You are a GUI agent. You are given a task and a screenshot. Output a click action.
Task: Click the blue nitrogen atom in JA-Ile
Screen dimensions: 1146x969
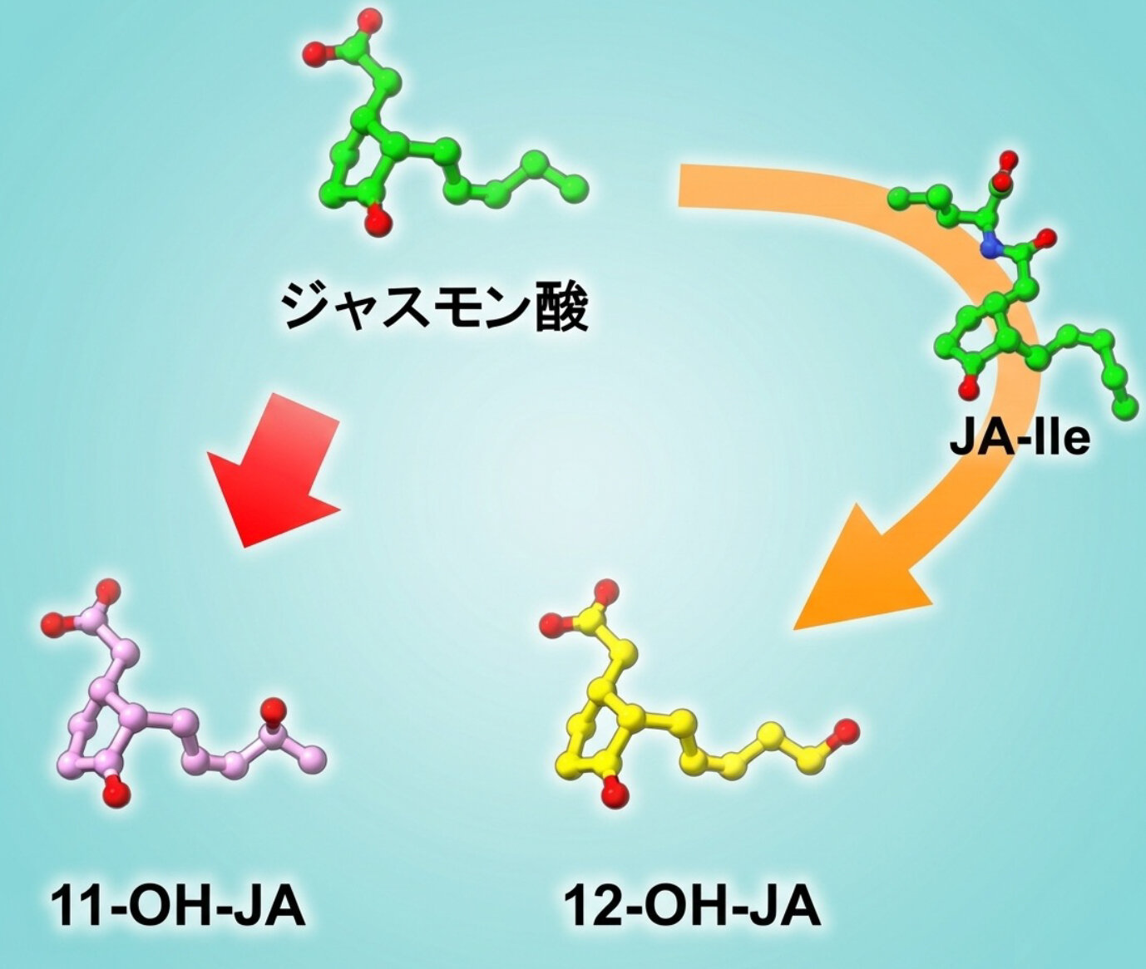[990, 247]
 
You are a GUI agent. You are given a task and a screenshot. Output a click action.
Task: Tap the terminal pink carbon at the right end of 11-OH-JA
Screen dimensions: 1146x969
[313, 760]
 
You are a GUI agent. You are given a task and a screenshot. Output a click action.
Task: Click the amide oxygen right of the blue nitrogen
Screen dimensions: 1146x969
[1045, 238]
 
